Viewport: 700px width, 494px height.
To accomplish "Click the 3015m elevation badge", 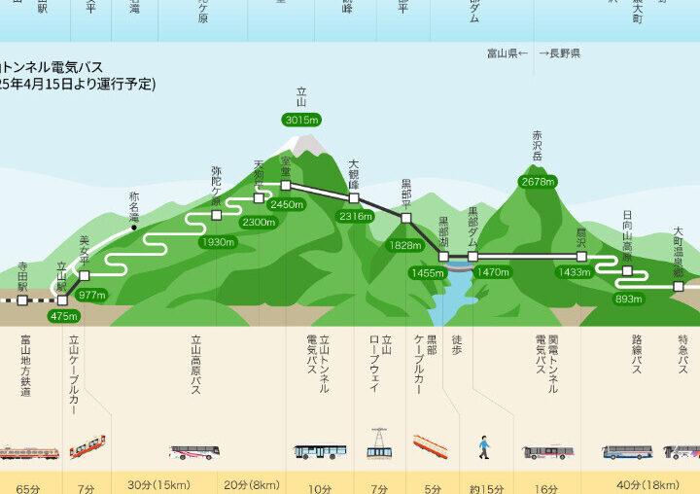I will click(301, 120).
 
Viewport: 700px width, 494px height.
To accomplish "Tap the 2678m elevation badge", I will click(538, 182).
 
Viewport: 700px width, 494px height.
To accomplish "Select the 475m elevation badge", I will click(63, 316).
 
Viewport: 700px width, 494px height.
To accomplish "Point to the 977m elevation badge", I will click(91, 295).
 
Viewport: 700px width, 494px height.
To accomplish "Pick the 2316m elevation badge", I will click(356, 216).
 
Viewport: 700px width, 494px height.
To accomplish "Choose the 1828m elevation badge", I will click(404, 246).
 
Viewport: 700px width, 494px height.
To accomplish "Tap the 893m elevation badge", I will click(628, 299).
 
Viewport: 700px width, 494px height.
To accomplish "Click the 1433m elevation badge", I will click(575, 272).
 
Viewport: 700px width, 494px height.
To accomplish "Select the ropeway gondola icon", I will click(379, 443).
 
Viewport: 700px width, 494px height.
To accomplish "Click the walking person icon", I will click(484, 448).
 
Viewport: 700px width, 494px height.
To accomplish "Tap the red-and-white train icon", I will click(28, 452).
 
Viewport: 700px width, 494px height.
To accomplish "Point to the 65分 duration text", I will click(28, 485).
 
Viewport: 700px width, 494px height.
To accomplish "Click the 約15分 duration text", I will click(486, 485).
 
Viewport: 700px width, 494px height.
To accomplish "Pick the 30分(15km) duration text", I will click(158, 485).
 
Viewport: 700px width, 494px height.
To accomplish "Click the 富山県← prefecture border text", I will click(507, 53).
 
